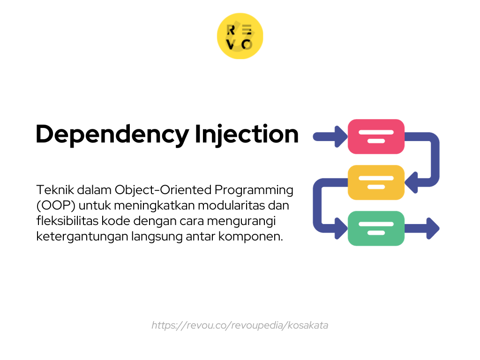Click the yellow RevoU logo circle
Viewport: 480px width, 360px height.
[240, 36]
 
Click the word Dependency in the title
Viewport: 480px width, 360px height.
[112, 135]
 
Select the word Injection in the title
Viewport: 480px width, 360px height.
[247, 135]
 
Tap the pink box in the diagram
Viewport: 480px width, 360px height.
[376, 136]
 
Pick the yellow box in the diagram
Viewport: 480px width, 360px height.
[376, 182]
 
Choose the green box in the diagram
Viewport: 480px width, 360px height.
[376, 228]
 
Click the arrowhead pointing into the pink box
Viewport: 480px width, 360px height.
[341, 136]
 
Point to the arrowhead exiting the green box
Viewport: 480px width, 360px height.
[433, 228]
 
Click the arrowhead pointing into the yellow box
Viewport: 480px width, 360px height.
[411, 182]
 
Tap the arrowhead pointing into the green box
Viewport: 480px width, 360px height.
[341, 228]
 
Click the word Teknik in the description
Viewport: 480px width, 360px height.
[55, 190]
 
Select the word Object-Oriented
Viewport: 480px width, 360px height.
[163, 190]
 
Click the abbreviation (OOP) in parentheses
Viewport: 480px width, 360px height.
[56, 206]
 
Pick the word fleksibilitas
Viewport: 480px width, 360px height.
[67, 221]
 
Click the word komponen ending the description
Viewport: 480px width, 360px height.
[250, 237]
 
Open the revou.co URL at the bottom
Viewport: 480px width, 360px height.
[240, 325]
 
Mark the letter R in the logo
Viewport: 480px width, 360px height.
[231, 30]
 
